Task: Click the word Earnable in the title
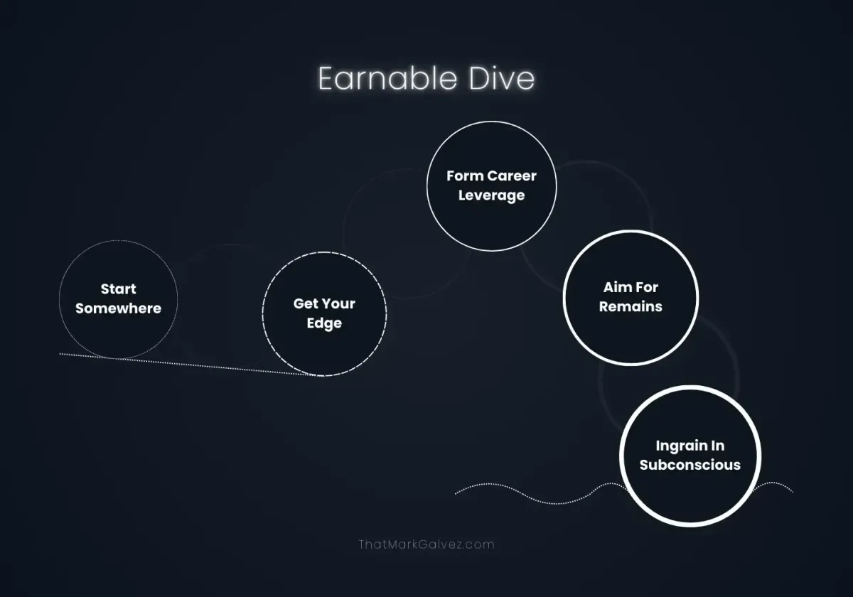click(387, 78)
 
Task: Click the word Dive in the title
click(502, 78)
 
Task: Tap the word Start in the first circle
click(119, 289)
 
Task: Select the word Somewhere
click(119, 308)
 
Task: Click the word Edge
click(324, 323)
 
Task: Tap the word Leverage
click(492, 195)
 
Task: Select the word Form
click(465, 176)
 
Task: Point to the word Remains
click(631, 307)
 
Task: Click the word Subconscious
click(690, 466)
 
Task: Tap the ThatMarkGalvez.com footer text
click(426, 544)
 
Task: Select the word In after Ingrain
click(718, 446)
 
